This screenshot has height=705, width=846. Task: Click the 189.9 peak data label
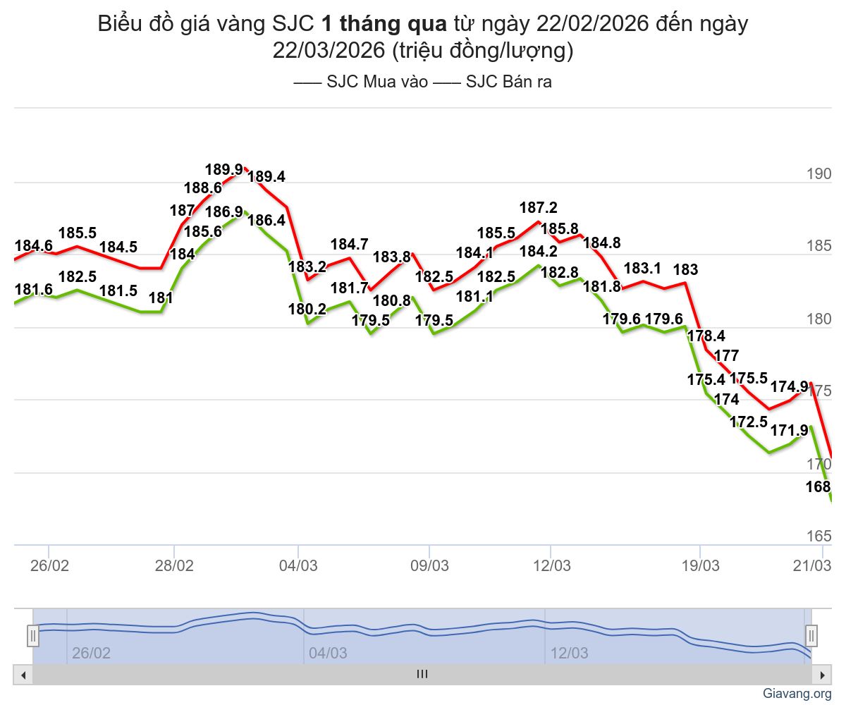tap(223, 169)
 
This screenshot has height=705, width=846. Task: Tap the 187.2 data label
tap(539, 207)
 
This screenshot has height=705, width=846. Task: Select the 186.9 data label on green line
tap(223, 211)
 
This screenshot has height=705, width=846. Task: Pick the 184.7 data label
tap(350, 245)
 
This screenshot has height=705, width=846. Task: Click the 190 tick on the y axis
tap(819, 175)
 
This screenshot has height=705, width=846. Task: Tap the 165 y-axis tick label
tap(819, 536)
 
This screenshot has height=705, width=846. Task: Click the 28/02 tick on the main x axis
tap(174, 566)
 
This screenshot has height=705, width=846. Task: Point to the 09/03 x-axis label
tap(429, 566)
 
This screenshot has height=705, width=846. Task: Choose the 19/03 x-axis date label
tap(700, 566)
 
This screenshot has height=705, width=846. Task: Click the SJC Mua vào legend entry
tap(361, 82)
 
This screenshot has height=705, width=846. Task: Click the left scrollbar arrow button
tap(23, 675)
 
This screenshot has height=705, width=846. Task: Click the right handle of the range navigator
tap(811, 636)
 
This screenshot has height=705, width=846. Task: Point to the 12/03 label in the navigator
tap(570, 654)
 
